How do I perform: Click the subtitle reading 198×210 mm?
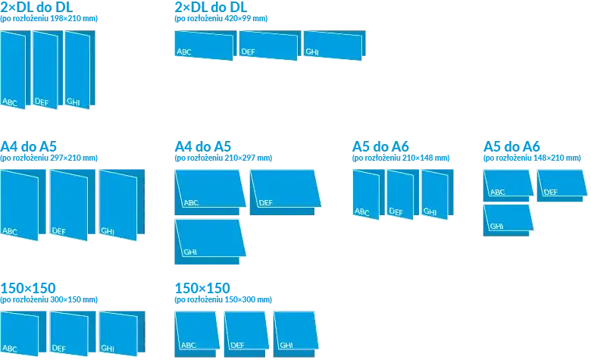click(x=48, y=18)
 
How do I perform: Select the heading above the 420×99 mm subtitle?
click(x=211, y=7)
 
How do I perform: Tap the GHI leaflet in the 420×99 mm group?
click(x=334, y=45)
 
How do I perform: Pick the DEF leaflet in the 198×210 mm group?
click(x=48, y=70)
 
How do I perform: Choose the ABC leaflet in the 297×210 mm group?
click(x=23, y=205)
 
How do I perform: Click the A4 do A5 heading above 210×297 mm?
click(x=203, y=146)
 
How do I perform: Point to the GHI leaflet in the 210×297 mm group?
click(x=210, y=242)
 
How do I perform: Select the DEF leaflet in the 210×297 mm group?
click(x=286, y=193)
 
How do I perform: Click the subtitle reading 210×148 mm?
click(x=401, y=158)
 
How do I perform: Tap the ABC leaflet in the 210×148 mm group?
click(x=368, y=194)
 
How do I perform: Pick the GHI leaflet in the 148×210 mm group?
click(x=508, y=220)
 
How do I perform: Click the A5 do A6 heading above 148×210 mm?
click(x=511, y=146)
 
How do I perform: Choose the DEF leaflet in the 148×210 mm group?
click(x=561, y=186)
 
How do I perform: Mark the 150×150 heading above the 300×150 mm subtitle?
click(x=28, y=288)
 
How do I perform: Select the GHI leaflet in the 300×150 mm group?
click(x=122, y=333)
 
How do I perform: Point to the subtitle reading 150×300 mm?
click(x=223, y=299)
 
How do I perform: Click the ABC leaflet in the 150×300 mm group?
click(x=197, y=334)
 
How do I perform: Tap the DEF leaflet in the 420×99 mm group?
click(x=270, y=45)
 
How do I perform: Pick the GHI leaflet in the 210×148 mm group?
click(x=437, y=194)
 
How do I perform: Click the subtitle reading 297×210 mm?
click(x=48, y=158)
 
